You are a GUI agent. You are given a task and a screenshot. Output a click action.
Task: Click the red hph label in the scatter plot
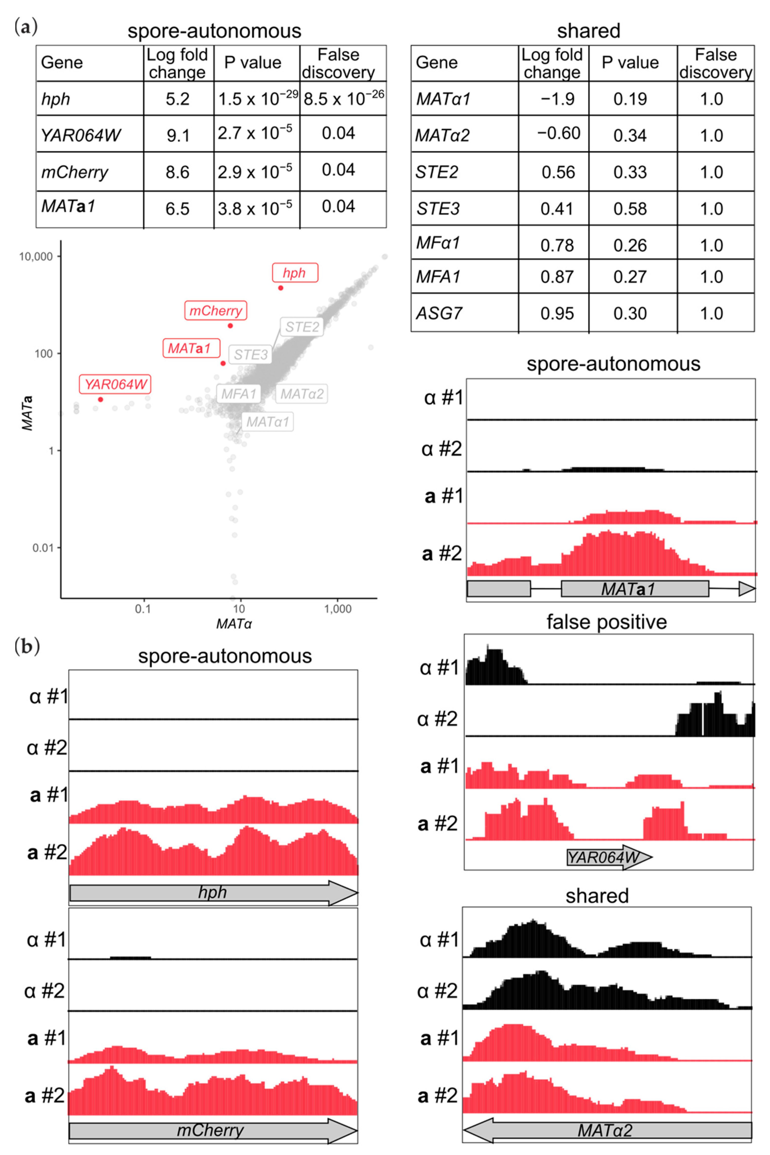click(295, 273)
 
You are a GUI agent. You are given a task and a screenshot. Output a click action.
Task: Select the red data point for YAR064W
click(101, 399)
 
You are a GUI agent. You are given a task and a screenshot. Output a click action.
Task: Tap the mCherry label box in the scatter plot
click(216, 311)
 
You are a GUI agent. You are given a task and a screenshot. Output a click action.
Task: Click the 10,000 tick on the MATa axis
click(35, 256)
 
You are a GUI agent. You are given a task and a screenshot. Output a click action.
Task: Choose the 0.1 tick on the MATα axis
click(143, 609)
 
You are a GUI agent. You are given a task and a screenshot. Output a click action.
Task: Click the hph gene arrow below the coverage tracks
click(213, 892)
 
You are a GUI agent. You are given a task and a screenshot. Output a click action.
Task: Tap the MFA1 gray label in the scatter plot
click(239, 394)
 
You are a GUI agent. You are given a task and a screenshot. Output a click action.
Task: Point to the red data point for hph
click(280, 288)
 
